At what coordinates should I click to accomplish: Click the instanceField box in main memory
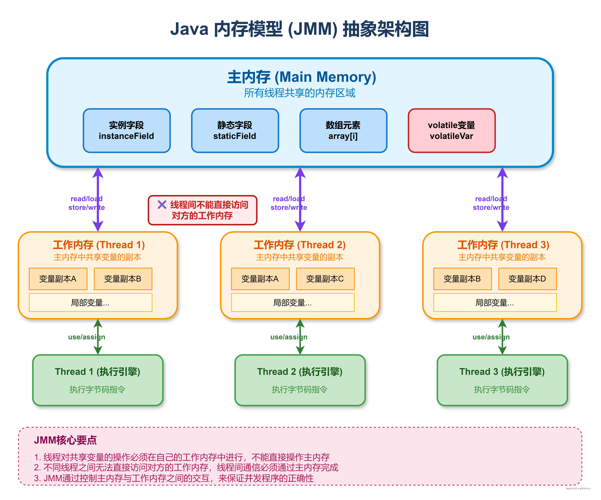[126, 130]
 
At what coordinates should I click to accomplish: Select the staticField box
[235, 130]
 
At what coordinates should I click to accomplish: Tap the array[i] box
[343, 130]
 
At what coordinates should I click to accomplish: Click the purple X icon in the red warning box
[162, 205]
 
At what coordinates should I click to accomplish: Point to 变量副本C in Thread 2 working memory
[325, 279]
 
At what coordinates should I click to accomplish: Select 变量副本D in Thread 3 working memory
[527, 279]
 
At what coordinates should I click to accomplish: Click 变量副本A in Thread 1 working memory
[58, 279]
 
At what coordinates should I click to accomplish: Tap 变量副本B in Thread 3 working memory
[462, 279]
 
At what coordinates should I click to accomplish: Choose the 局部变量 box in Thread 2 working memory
[292, 302]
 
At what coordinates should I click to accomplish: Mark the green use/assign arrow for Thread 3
[502, 337]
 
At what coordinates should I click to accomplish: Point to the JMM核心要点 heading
[65, 440]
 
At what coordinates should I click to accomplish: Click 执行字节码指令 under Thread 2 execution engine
[300, 389]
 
